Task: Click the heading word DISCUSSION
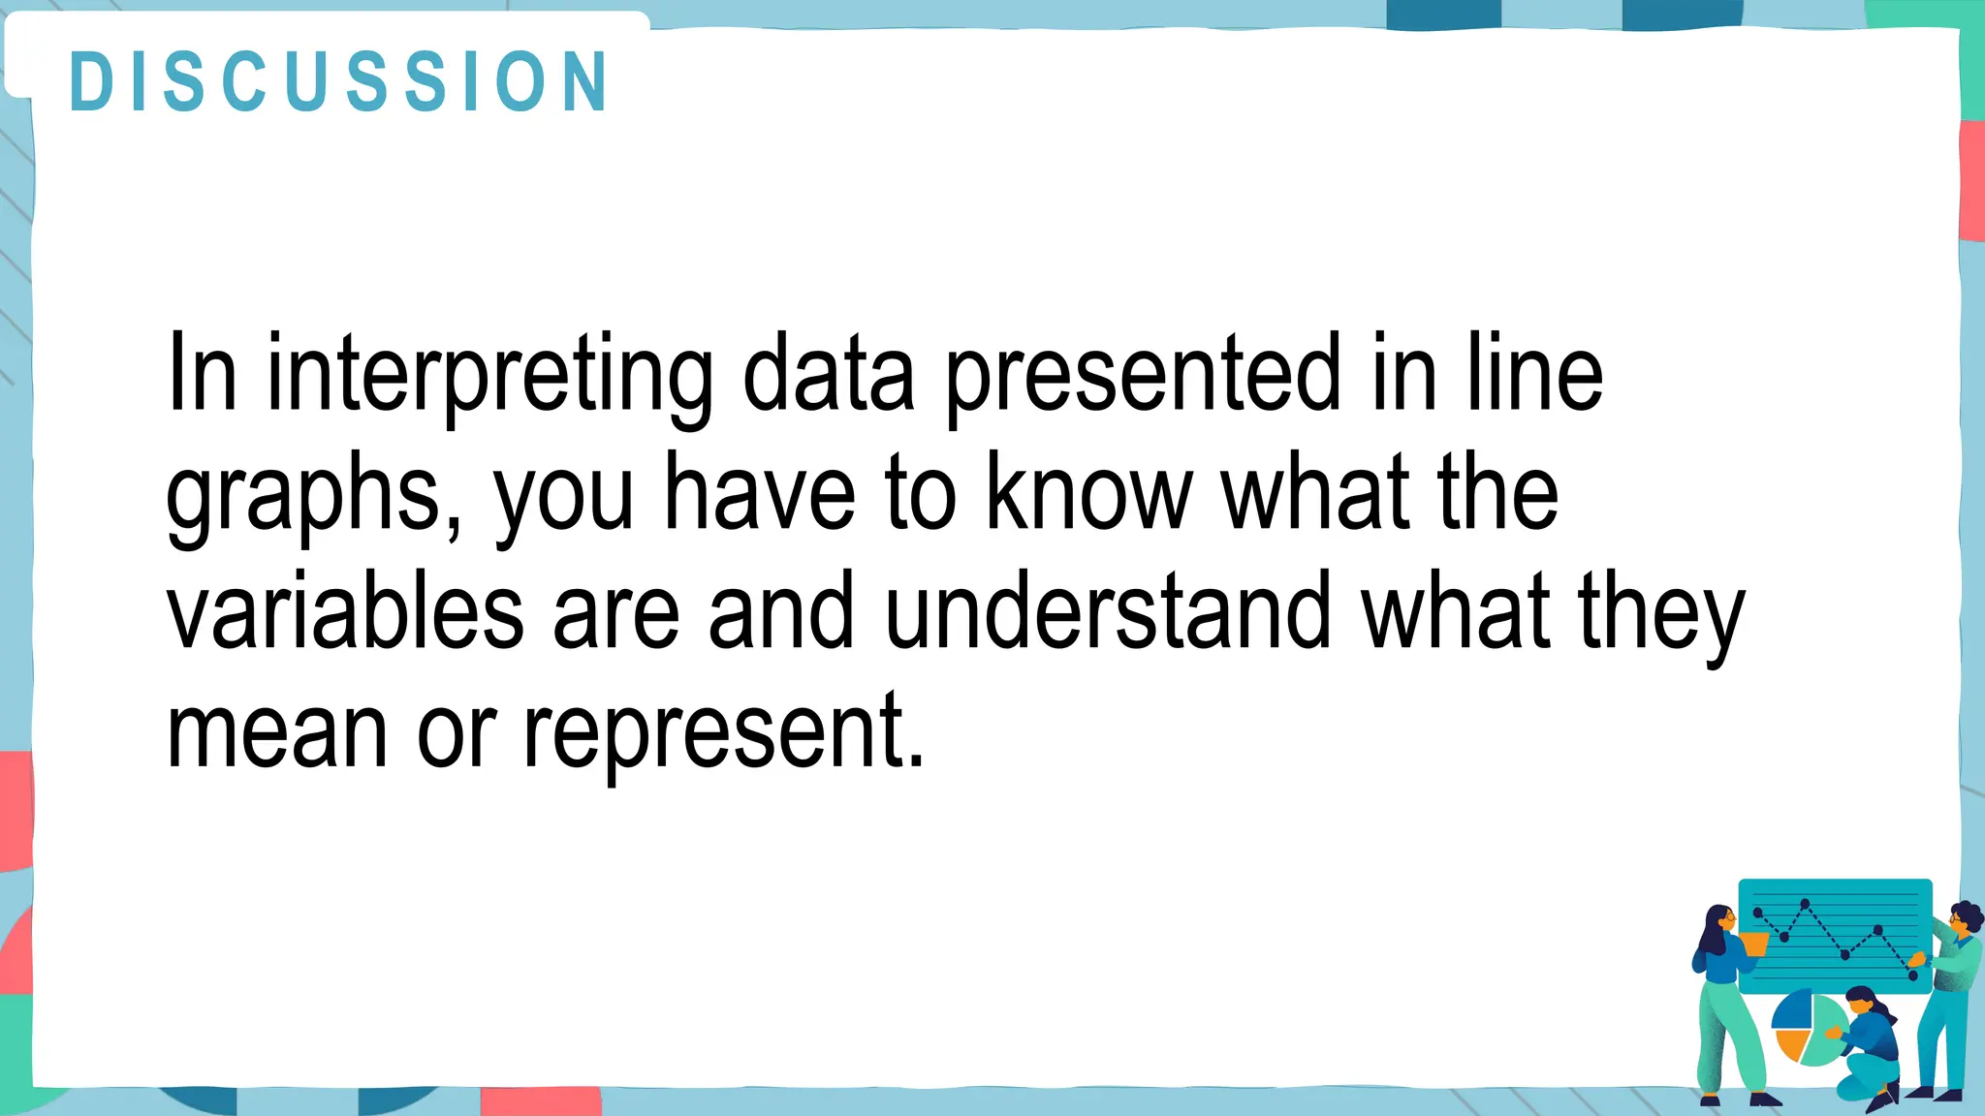pos(339,81)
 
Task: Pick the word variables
pos(345,612)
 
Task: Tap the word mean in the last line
pos(277,731)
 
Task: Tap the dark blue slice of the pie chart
pos(1793,1008)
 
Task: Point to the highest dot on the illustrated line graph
pos(1805,904)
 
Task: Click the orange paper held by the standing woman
pos(1753,943)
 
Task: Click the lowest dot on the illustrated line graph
pos(1912,976)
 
